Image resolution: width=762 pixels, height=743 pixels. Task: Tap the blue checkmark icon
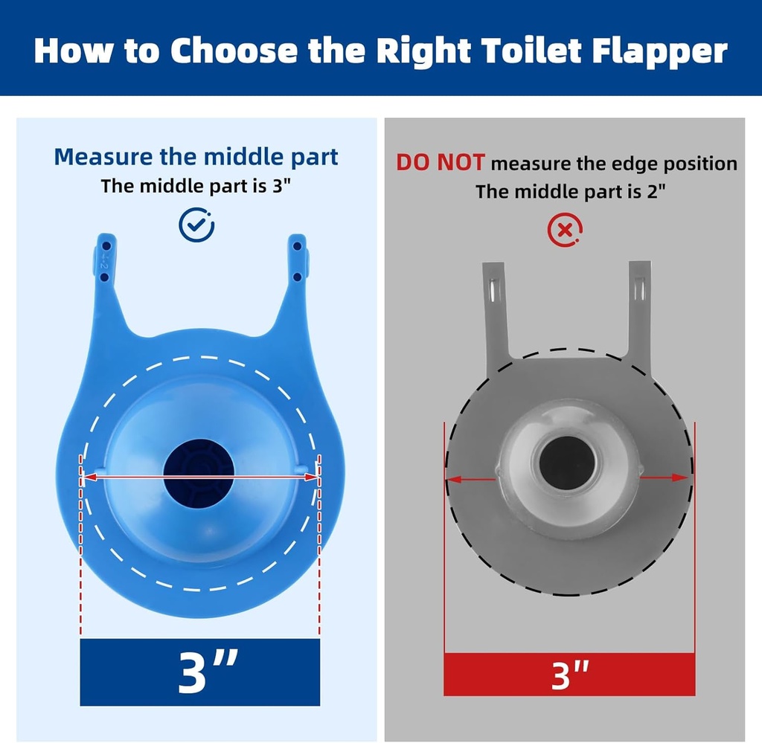pos(196,225)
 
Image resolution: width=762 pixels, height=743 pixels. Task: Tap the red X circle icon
pos(565,231)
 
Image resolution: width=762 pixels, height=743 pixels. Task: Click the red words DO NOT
pos(440,163)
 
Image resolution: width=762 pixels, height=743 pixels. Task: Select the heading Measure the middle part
pos(196,157)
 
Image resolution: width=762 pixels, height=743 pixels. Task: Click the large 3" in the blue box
pos(199,672)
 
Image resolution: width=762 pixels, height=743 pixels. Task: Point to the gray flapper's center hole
pos(567,463)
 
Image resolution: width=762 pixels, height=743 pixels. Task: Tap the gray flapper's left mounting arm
pos(496,312)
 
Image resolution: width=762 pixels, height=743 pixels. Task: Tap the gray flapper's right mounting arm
pos(639,312)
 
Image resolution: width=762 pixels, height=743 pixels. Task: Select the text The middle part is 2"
pos(570,191)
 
